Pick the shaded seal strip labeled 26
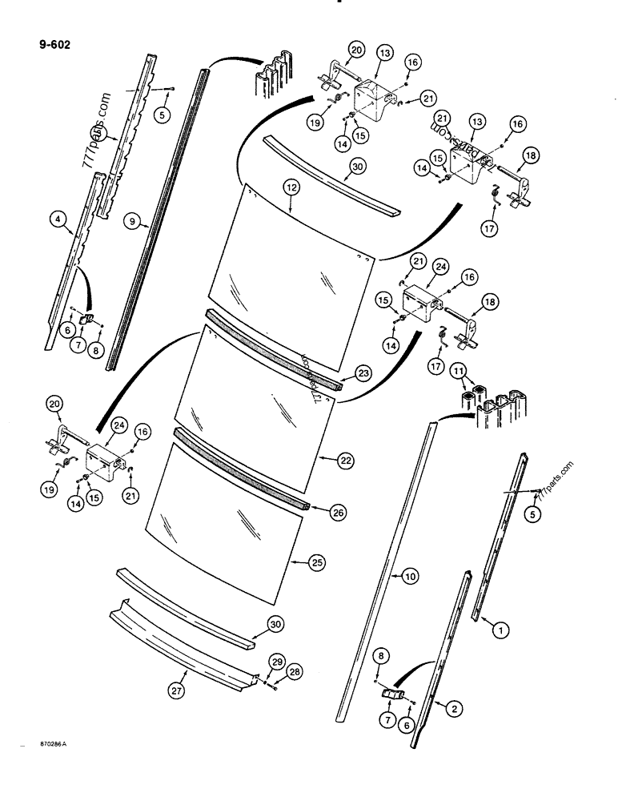click(240, 469)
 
